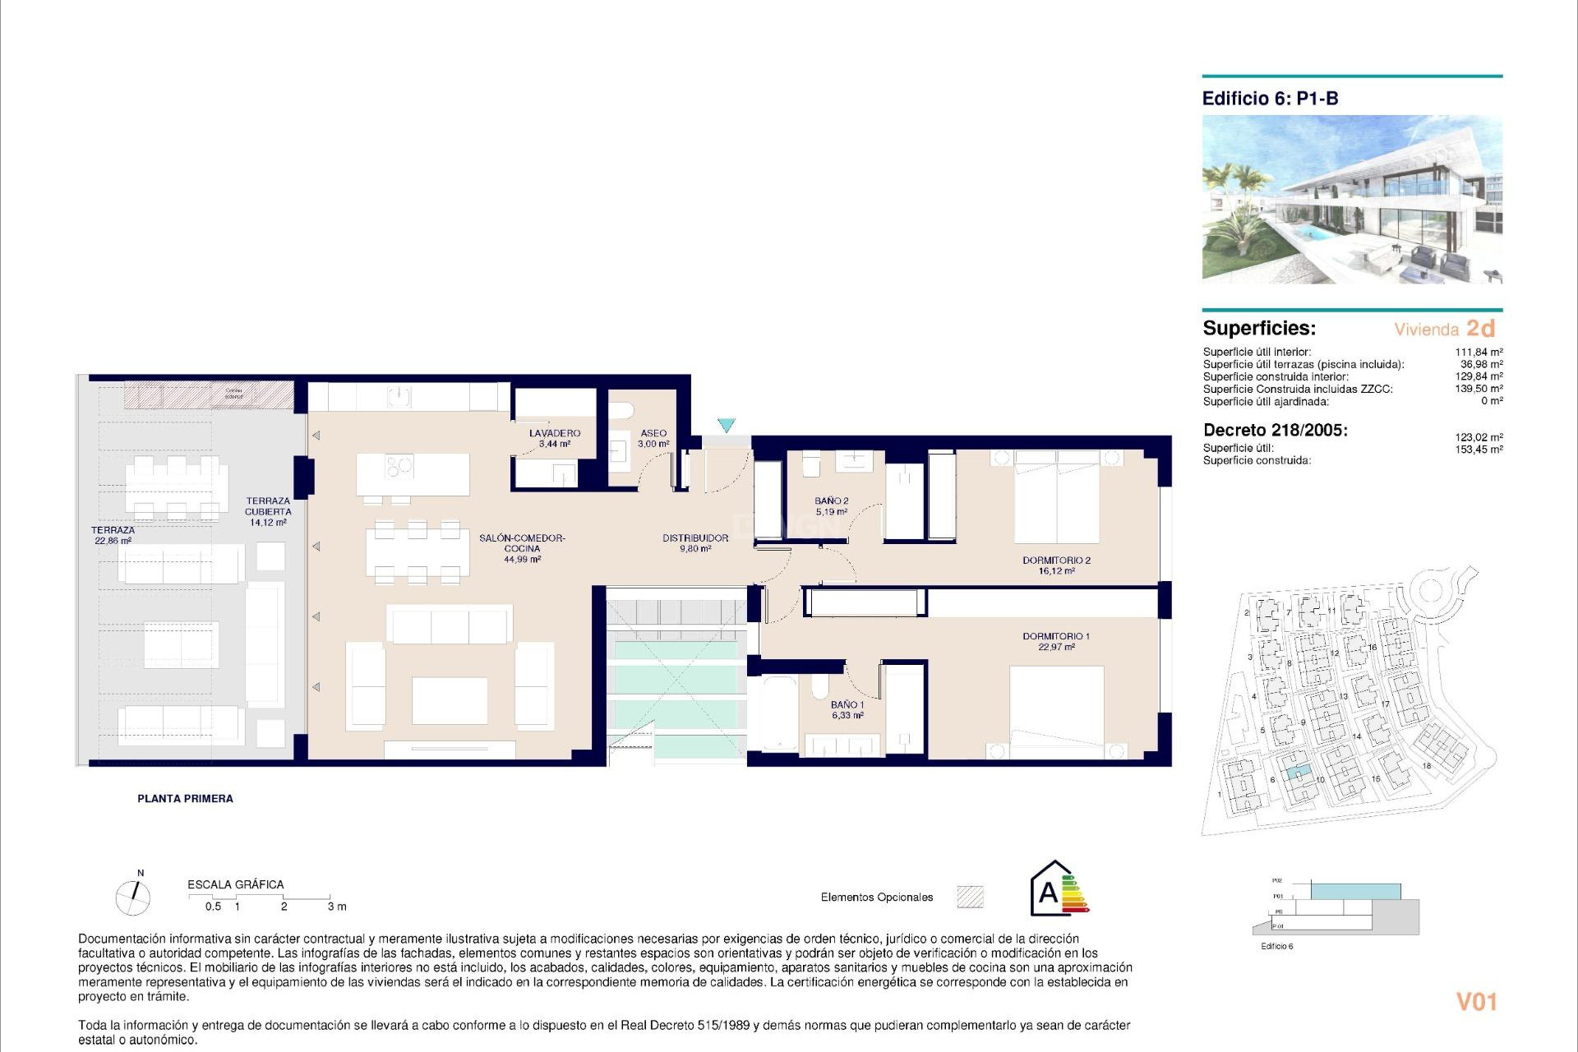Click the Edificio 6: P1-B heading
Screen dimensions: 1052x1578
pyautogui.click(x=1270, y=99)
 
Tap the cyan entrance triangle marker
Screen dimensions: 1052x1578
pyautogui.click(x=726, y=425)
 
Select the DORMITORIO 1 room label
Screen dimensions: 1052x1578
pyautogui.click(x=1056, y=641)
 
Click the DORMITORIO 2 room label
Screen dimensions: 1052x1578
pyautogui.click(x=1056, y=565)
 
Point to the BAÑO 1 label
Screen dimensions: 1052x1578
pyautogui.click(x=847, y=709)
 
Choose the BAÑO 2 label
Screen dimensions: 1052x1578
pyautogui.click(x=832, y=505)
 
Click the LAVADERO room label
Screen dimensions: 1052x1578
pyautogui.click(x=555, y=438)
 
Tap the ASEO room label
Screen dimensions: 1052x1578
pyautogui.click(x=653, y=438)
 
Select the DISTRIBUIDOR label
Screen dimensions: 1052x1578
pyautogui.click(x=695, y=543)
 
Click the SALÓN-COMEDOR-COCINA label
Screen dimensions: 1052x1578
pyautogui.click(x=522, y=548)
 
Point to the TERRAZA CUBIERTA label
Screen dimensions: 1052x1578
pyautogui.click(x=268, y=511)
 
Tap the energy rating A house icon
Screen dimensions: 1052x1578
pyautogui.click(x=1059, y=889)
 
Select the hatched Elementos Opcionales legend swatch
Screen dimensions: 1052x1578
pyautogui.click(x=971, y=897)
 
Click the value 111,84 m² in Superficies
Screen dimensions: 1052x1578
pyautogui.click(x=1479, y=352)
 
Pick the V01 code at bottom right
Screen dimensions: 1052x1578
pyautogui.click(x=1476, y=1002)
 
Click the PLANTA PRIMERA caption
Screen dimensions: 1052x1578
pyautogui.click(x=185, y=798)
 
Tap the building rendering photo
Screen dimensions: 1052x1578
pyautogui.click(x=1352, y=200)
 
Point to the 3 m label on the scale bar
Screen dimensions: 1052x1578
pyautogui.click(x=337, y=907)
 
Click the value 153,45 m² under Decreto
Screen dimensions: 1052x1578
pyautogui.click(x=1479, y=450)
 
